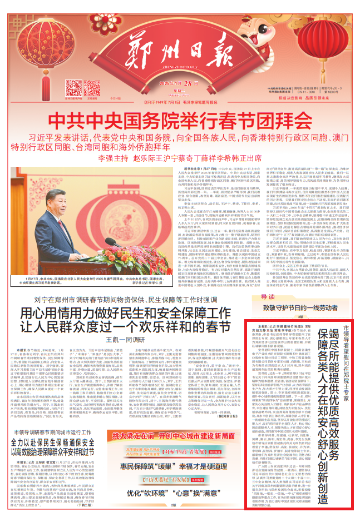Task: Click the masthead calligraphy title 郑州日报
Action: (x=179, y=53)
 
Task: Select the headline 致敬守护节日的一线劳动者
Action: (x=300, y=307)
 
